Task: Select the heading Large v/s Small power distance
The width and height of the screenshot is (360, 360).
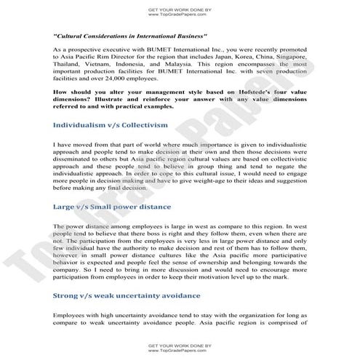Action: (111, 207)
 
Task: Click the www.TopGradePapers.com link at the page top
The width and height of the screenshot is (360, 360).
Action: (179, 14)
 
